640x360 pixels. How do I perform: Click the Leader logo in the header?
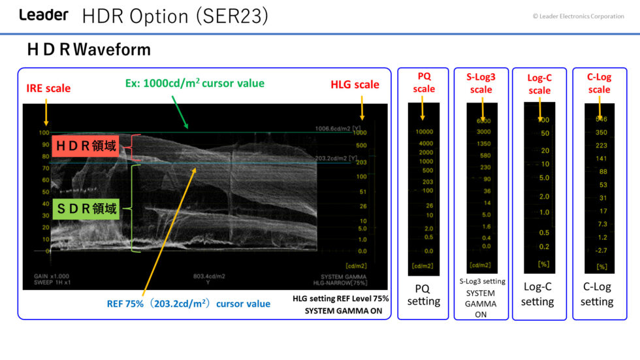[x=43, y=15]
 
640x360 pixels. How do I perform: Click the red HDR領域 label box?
[x=86, y=146]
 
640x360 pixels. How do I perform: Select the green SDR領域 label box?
[x=86, y=209]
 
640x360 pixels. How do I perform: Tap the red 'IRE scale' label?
[x=48, y=88]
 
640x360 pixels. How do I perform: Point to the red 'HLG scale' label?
[x=355, y=84]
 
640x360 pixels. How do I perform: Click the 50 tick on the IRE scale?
[x=44, y=192]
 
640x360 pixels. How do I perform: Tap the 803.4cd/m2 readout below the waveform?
[x=209, y=276]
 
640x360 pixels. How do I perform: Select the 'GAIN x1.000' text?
[x=51, y=276]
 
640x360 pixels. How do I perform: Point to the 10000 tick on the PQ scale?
[x=424, y=132]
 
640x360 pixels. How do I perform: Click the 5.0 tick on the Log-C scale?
[x=543, y=178]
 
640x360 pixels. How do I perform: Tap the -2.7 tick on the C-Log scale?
[x=601, y=250]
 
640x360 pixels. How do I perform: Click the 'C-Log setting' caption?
[x=596, y=294]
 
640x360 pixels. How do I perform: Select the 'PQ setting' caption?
[x=423, y=295]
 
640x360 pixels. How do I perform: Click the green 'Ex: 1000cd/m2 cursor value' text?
[x=195, y=83]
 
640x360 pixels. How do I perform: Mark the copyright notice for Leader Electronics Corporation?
[x=578, y=16]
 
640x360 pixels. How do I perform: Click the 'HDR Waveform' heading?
[x=89, y=50]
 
